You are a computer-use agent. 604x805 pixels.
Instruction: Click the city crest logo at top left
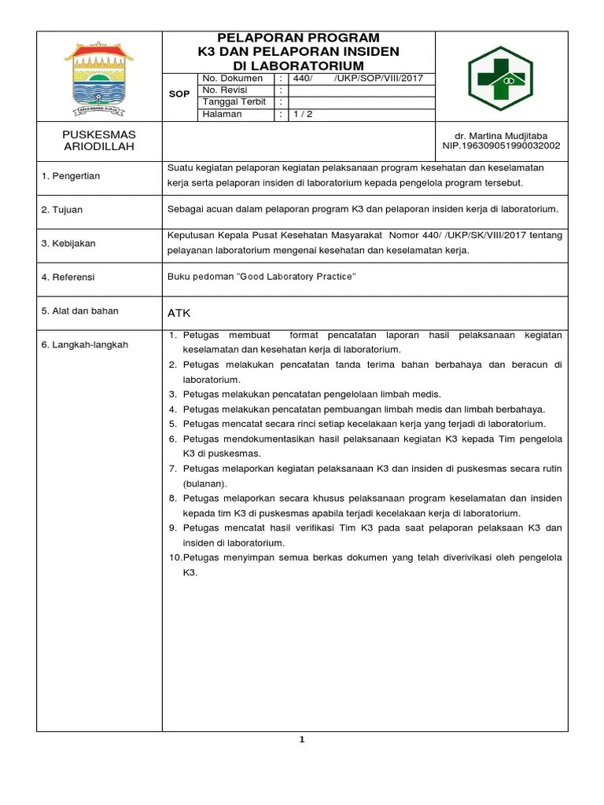click(99, 75)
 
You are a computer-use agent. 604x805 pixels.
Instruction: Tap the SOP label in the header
click(179, 94)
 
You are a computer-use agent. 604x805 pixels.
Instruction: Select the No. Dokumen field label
click(233, 79)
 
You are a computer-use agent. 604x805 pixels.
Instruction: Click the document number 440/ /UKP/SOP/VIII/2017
click(358, 79)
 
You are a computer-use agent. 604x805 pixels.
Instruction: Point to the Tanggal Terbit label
click(234, 102)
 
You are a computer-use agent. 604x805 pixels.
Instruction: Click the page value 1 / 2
click(303, 114)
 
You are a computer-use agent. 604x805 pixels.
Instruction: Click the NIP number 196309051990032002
click(501, 145)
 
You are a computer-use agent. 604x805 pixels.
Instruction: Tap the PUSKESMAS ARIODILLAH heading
click(99, 141)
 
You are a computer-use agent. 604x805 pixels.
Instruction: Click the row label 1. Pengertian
click(71, 176)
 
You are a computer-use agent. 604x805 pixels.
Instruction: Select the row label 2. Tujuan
click(62, 210)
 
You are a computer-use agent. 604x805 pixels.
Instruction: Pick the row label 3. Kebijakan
click(68, 244)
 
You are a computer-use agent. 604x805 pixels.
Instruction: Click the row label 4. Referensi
click(68, 277)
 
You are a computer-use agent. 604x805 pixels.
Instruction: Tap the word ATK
click(179, 313)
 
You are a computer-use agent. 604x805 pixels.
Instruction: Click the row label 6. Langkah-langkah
click(84, 345)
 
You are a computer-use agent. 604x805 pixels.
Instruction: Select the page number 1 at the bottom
click(302, 739)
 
